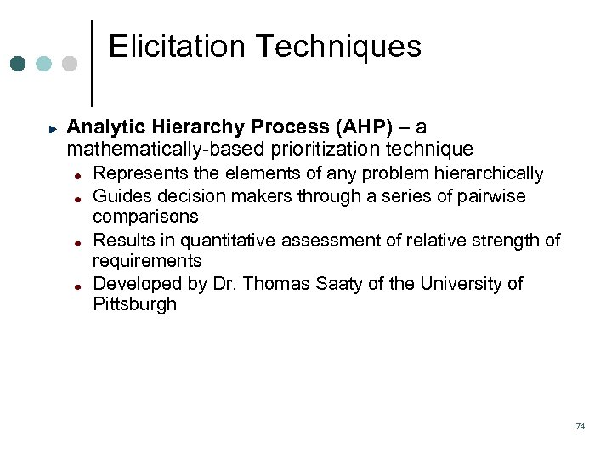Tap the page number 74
[x=580, y=426]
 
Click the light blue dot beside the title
[x=44, y=65]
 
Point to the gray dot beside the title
[x=70, y=65]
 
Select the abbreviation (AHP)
[x=365, y=127]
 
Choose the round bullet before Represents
[x=76, y=175]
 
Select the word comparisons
[x=145, y=217]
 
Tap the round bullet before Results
[x=76, y=241]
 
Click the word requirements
[x=147, y=261]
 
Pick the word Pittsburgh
[x=134, y=304]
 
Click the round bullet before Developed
[x=76, y=285]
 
